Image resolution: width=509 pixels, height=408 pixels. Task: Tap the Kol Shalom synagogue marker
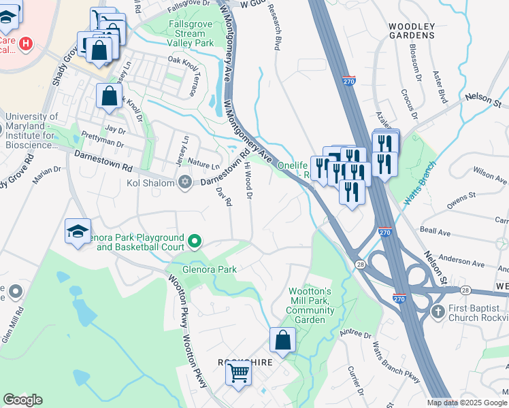coord(184,182)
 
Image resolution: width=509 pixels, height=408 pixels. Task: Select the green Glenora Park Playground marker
coord(195,241)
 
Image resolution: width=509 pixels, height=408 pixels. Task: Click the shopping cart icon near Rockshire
coord(237,372)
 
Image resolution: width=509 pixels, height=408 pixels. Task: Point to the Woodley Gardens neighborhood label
coord(411,30)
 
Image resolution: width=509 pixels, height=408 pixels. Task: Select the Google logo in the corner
coord(22,400)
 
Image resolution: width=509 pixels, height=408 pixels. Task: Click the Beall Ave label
coord(436,233)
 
